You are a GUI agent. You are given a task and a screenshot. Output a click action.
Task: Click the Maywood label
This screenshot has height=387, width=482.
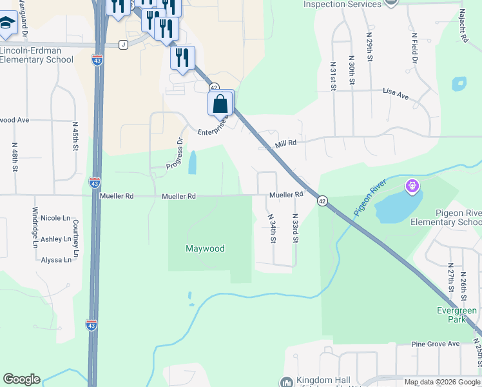tap(205, 248)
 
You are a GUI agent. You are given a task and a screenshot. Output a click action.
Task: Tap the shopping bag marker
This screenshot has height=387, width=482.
tap(220, 104)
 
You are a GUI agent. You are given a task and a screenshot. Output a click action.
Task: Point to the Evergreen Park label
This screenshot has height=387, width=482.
tap(456, 315)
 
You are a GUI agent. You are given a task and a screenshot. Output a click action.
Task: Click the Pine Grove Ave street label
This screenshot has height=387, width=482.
tap(436, 344)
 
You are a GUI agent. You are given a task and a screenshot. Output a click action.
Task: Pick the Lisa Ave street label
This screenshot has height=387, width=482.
tap(396, 95)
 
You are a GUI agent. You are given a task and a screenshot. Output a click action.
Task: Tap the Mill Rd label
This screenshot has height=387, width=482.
tap(285, 143)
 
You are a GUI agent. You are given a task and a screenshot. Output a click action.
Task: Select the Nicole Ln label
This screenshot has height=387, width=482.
tap(55, 218)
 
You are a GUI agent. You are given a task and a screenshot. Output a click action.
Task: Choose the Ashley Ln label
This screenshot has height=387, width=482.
tap(56, 239)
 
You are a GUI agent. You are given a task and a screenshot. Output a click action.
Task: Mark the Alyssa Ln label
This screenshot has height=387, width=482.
tap(56, 259)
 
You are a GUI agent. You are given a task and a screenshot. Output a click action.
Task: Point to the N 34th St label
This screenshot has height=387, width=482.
tap(273, 229)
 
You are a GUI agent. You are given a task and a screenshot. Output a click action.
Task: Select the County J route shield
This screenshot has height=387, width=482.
tap(123, 45)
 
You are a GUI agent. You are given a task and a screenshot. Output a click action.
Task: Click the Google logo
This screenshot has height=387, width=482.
tap(21, 379)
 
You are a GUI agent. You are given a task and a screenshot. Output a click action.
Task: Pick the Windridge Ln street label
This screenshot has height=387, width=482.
tap(35, 227)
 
